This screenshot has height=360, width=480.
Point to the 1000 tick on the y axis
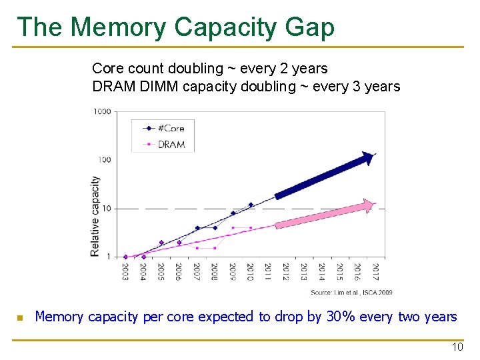coord(102,112)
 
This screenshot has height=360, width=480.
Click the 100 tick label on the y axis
coord(104,160)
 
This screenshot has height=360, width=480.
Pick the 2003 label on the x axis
coord(126,272)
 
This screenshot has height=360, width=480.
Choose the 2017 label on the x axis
coord(375,272)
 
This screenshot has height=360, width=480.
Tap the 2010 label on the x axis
coord(251,272)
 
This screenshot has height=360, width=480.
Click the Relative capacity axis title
coord(95,215)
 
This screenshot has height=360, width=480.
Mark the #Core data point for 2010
coord(251,205)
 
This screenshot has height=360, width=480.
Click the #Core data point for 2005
coord(161,243)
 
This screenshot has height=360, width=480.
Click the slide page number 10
coord(457,347)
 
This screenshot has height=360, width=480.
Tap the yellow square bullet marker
coord(20,318)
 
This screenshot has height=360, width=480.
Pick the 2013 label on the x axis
coord(304,272)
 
